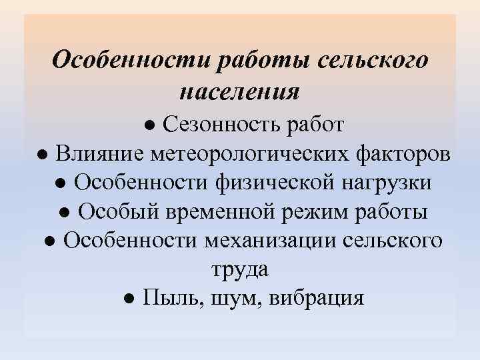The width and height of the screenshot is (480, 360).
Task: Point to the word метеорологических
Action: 246,154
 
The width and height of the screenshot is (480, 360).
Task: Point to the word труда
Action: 239,270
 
